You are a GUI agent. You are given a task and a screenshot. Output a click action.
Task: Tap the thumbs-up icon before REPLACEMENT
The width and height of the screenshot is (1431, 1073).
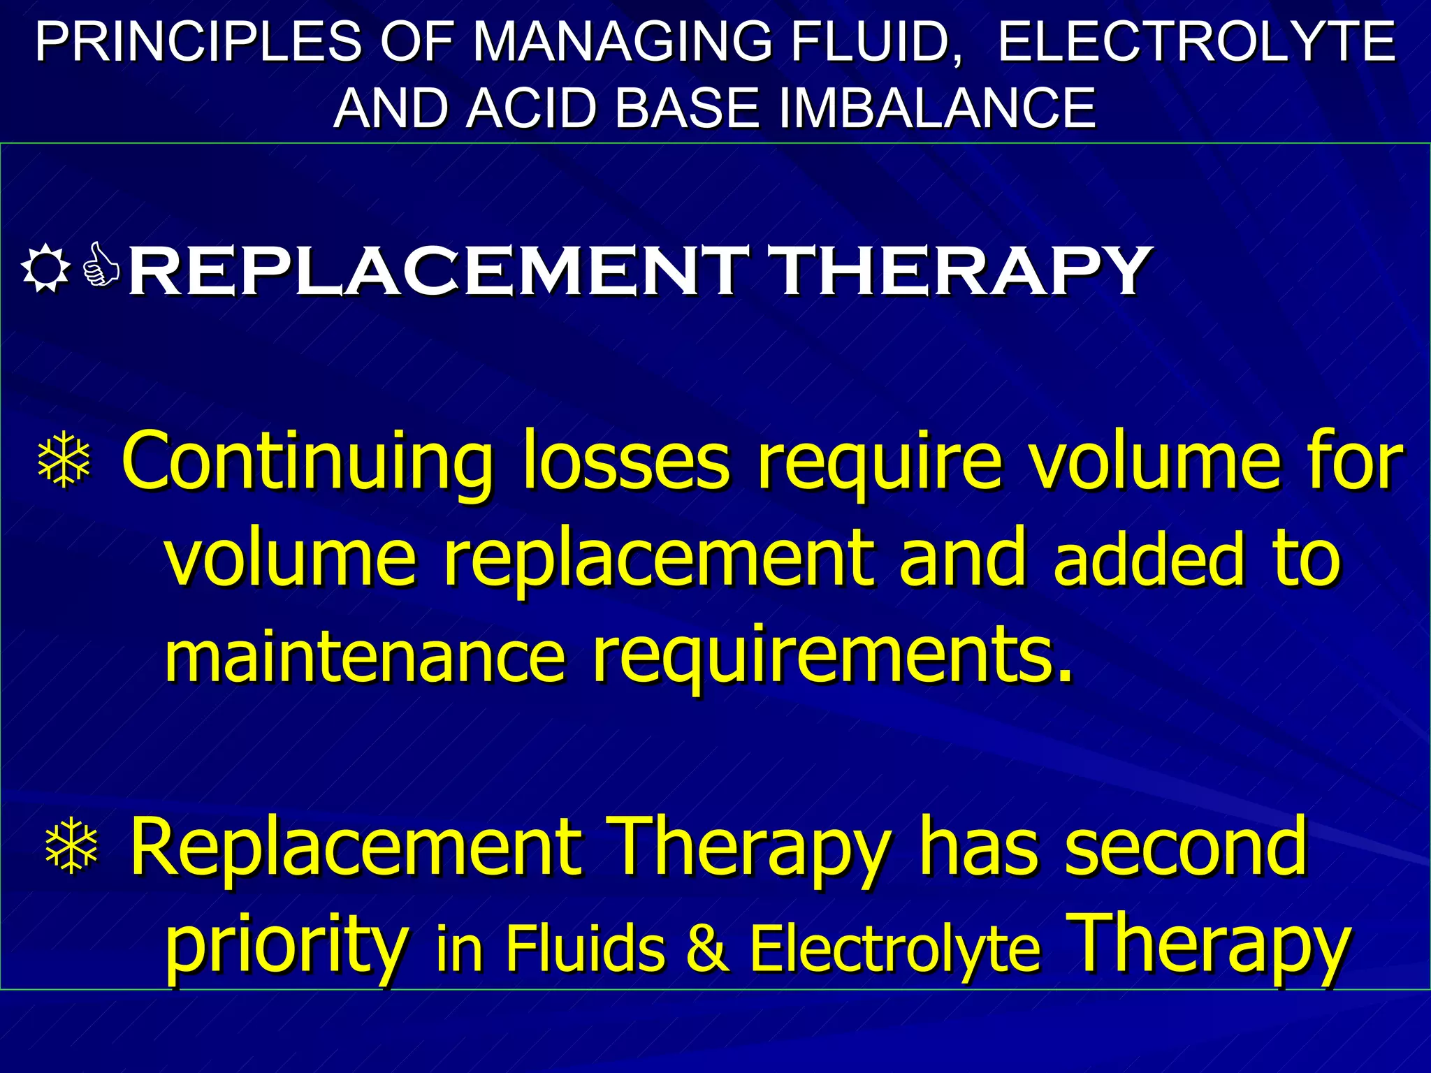pyautogui.click(x=101, y=265)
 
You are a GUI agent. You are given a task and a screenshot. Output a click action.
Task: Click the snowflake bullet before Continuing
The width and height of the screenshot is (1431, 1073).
pyautogui.click(x=64, y=459)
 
